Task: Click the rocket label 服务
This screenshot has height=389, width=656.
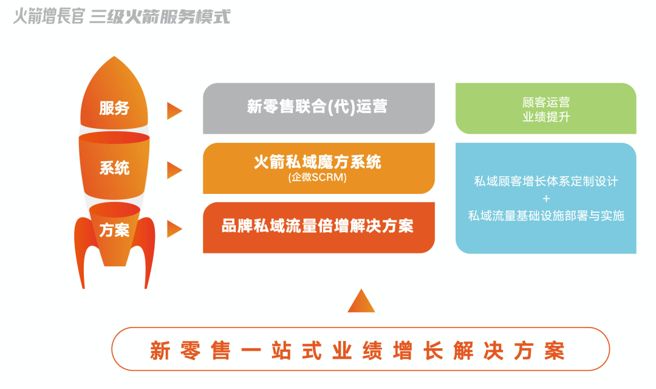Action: tap(114, 109)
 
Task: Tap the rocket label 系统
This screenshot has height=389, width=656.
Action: tap(114, 168)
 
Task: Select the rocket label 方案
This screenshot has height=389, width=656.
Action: tap(114, 230)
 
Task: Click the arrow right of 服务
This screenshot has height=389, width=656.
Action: tap(174, 111)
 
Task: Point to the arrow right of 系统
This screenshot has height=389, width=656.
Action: tap(174, 170)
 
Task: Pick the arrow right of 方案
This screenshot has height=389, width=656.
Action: tap(174, 229)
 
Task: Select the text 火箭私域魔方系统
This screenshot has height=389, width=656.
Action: tap(318, 162)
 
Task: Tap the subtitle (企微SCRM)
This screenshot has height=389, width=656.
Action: tap(318, 178)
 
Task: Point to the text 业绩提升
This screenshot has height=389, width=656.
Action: tap(545, 117)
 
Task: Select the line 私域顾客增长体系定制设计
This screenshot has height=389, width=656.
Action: tap(545, 181)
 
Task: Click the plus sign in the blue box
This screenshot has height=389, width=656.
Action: tap(545, 198)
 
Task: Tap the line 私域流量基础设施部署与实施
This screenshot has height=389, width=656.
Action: tap(545, 215)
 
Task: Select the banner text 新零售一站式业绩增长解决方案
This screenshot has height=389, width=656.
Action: tap(358, 351)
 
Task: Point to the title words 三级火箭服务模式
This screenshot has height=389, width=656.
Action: tap(160, 16)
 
